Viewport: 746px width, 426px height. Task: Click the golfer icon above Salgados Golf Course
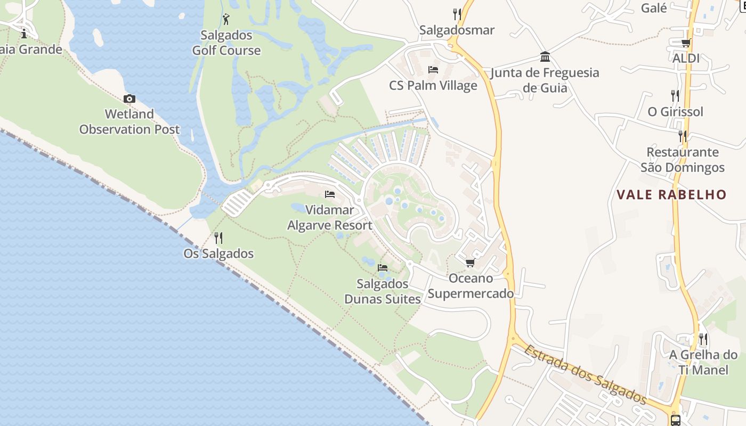[226, 19]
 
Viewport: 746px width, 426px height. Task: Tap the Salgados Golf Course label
[226, 43]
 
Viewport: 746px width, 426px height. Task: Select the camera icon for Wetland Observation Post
[129, 99]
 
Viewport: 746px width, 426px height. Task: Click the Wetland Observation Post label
[129, 121]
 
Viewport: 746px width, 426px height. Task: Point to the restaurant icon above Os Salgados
[218, 237]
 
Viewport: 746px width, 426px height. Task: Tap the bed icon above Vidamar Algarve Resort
[330, 194]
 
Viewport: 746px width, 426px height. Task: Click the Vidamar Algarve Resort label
[330, 218]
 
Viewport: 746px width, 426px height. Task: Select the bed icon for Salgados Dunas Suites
[383, 267]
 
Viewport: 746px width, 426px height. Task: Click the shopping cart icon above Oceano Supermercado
[470, 263]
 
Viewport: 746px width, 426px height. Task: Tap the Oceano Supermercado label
[471, 286]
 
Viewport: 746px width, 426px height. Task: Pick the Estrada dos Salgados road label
[585, 375]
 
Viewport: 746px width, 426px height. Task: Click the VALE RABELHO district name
[671, 195]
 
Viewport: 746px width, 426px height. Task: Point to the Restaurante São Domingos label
[683, 160]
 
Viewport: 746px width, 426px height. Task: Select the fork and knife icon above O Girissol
[675, 96]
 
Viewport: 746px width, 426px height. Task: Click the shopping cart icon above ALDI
[686, 43]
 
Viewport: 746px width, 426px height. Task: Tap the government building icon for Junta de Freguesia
[545, 56]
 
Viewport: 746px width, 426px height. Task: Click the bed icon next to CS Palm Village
[433, 70]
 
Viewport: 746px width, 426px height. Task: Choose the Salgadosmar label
[457, 30]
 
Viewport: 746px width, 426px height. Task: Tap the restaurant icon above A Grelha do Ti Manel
[703, 339]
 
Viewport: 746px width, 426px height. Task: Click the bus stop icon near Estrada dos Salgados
[676, 420]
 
